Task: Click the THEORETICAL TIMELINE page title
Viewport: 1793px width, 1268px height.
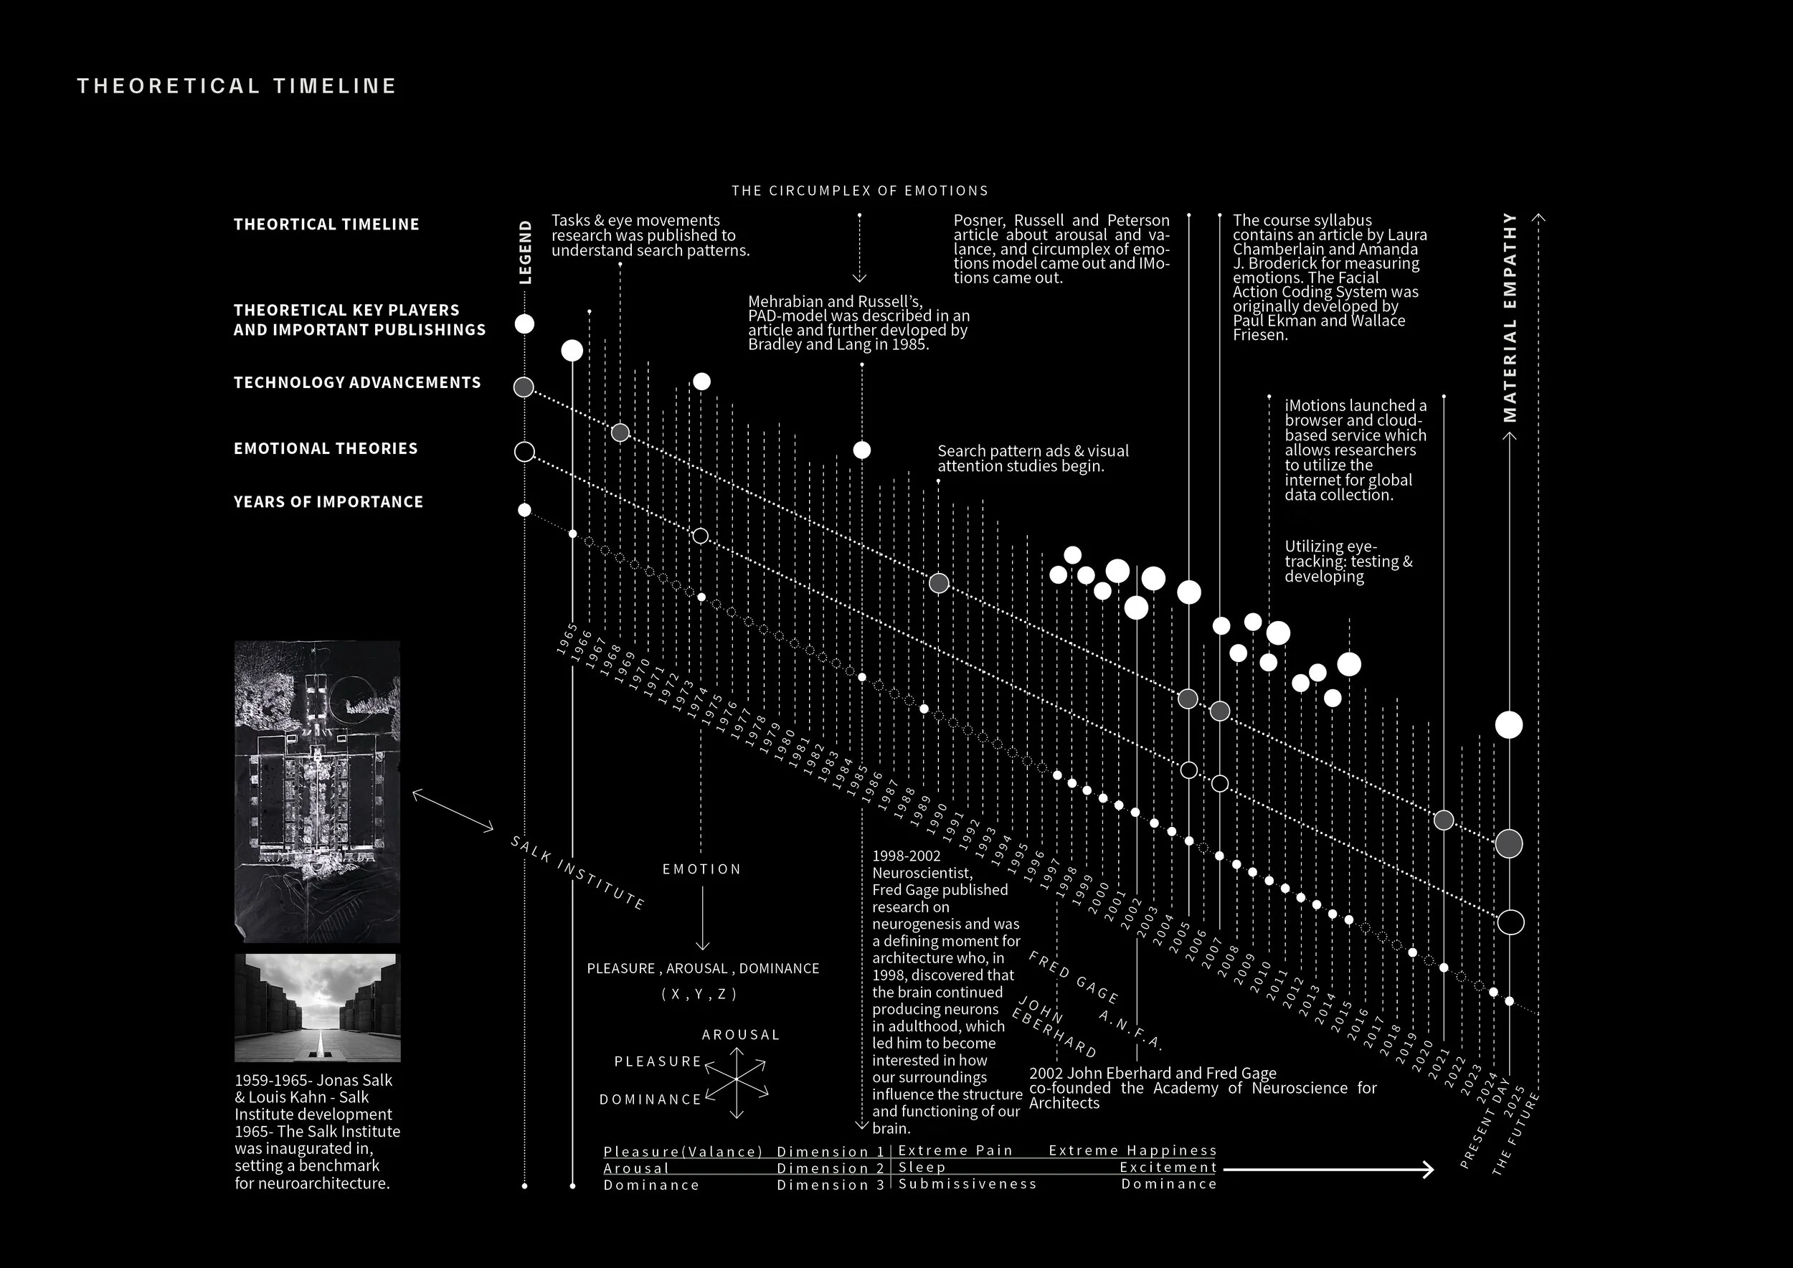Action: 237,86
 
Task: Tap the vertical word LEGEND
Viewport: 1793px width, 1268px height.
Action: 526,252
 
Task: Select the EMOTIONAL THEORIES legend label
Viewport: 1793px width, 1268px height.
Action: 326,448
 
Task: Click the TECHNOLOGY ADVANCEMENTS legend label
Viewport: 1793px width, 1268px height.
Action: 357,382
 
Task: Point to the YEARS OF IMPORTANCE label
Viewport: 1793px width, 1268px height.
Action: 328,502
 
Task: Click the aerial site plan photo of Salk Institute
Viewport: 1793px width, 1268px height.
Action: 317,791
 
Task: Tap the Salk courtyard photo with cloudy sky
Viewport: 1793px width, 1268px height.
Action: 317,1007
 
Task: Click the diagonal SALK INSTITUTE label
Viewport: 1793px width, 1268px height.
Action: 577,873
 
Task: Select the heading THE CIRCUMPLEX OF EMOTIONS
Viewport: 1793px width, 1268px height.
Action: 860,191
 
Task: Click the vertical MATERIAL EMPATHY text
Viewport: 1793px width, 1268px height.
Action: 1510,317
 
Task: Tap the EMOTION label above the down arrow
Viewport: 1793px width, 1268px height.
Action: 701,869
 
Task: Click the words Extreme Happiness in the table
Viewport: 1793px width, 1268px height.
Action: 1132,1150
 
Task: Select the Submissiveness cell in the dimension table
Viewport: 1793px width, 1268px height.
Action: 967,1183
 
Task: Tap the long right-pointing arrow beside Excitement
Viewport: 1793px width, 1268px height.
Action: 1328,1169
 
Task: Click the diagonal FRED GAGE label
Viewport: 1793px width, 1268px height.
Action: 1073,977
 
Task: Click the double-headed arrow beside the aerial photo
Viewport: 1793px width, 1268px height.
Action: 453,810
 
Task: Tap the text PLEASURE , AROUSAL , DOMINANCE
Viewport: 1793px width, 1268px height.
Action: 703,968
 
